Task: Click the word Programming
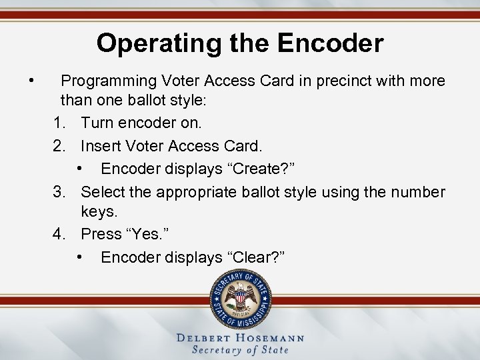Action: tap(107, 81)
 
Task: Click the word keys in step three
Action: tap(98, 213)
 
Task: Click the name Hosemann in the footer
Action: tap(267, 338)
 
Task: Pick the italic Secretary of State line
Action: tap(240, 350)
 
